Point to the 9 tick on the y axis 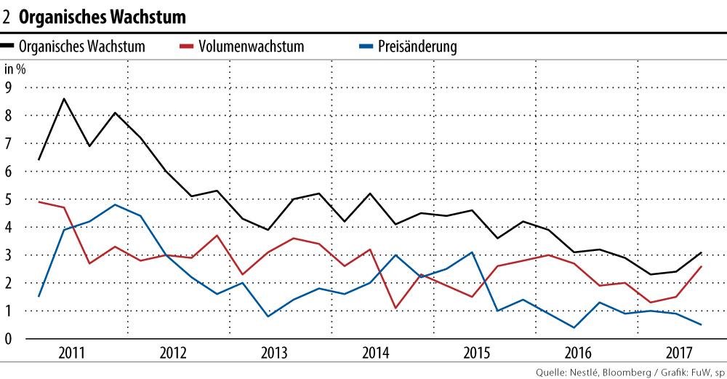(x=9, y=87)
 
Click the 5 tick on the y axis (x=9, y=199)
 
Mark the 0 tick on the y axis (x=9, y=339)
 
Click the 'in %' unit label (x=15, y=71)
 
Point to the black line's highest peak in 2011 (x=64, y=99)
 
